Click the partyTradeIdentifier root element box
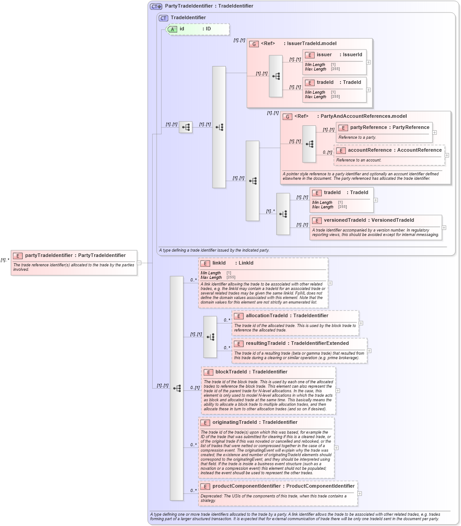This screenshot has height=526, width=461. (x=74, y=262)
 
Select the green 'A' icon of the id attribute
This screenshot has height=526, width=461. (x=172, y=29)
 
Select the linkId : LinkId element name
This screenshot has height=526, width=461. (x=233, y=263)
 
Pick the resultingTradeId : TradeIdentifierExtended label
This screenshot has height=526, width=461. (x=297, y=343)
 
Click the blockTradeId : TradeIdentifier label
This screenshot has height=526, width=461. (x=251, y=372)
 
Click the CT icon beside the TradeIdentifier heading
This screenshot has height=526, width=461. (x=163, y=18)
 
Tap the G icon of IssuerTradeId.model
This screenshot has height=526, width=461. (x=254, y=44)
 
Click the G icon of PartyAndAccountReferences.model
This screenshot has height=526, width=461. (x=287, y=116)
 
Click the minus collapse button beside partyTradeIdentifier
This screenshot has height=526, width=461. (x=139, y=263)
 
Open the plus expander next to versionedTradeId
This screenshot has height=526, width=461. (x=444, y=228)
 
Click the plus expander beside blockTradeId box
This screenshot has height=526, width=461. (x=338, y=390)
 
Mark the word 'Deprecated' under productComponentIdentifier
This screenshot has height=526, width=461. (x=211, y=496)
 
